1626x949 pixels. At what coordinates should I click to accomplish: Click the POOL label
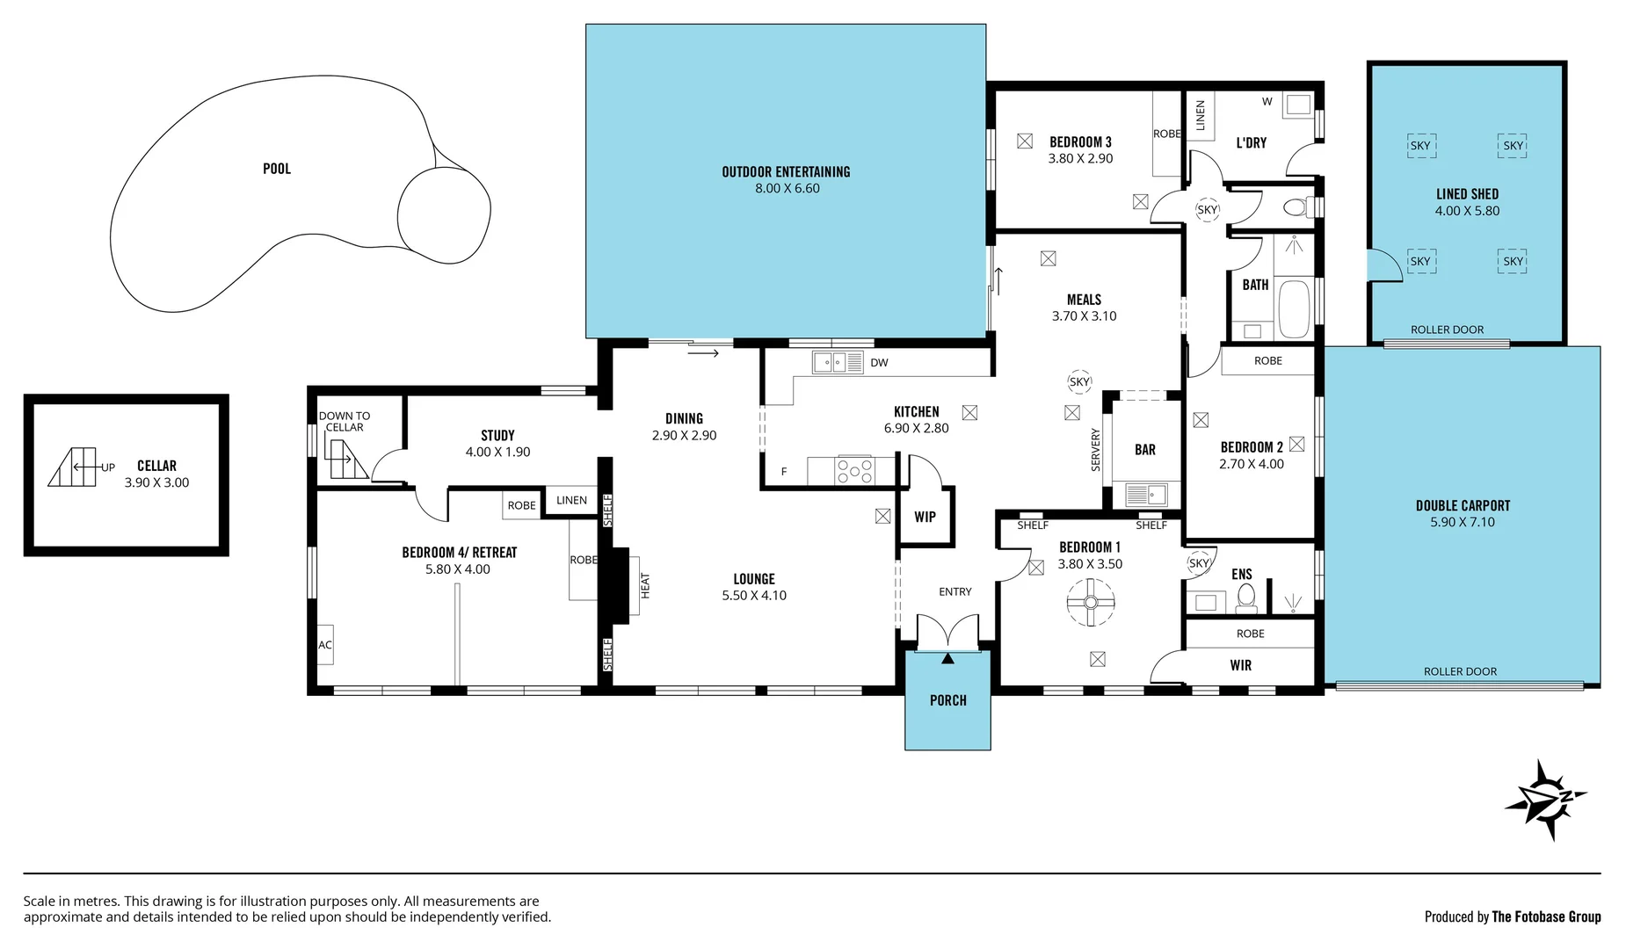pos(276,169)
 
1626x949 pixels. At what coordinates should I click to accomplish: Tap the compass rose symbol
pos(1545,799)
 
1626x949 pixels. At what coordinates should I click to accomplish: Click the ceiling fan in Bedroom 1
pos(1091,603)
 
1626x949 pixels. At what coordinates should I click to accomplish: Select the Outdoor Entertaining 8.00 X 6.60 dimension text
pos(787,188)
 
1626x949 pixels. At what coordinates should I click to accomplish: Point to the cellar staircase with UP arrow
pos(73,467)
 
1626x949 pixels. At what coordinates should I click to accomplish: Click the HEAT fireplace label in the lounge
pos(645,585)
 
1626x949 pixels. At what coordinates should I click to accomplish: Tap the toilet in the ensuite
pos(1245,598)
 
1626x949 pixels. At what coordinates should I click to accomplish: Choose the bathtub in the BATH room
pos(1294,308)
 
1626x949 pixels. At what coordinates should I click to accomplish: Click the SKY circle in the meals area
pos(1079,381)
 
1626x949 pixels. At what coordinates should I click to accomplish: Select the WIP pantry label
pos(925,517)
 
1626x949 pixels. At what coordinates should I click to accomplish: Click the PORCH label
pos(947,700)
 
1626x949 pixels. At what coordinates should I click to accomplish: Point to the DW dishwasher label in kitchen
pos(879,363)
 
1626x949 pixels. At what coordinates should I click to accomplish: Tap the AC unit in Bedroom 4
pos(325,645)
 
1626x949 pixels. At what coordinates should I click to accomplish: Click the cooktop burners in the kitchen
pos(854,470)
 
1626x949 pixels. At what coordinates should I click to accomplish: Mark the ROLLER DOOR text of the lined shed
pos(1447,330)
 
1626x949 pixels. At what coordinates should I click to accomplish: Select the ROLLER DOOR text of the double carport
pos(1460,671)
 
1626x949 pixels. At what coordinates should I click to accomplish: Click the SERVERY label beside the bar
pos(1095,450)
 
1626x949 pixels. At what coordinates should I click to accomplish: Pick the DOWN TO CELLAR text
pos(344,422)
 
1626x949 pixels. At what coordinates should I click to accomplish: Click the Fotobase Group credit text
pos(1513,916)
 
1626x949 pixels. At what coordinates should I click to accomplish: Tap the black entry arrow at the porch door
pos(947,658)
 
